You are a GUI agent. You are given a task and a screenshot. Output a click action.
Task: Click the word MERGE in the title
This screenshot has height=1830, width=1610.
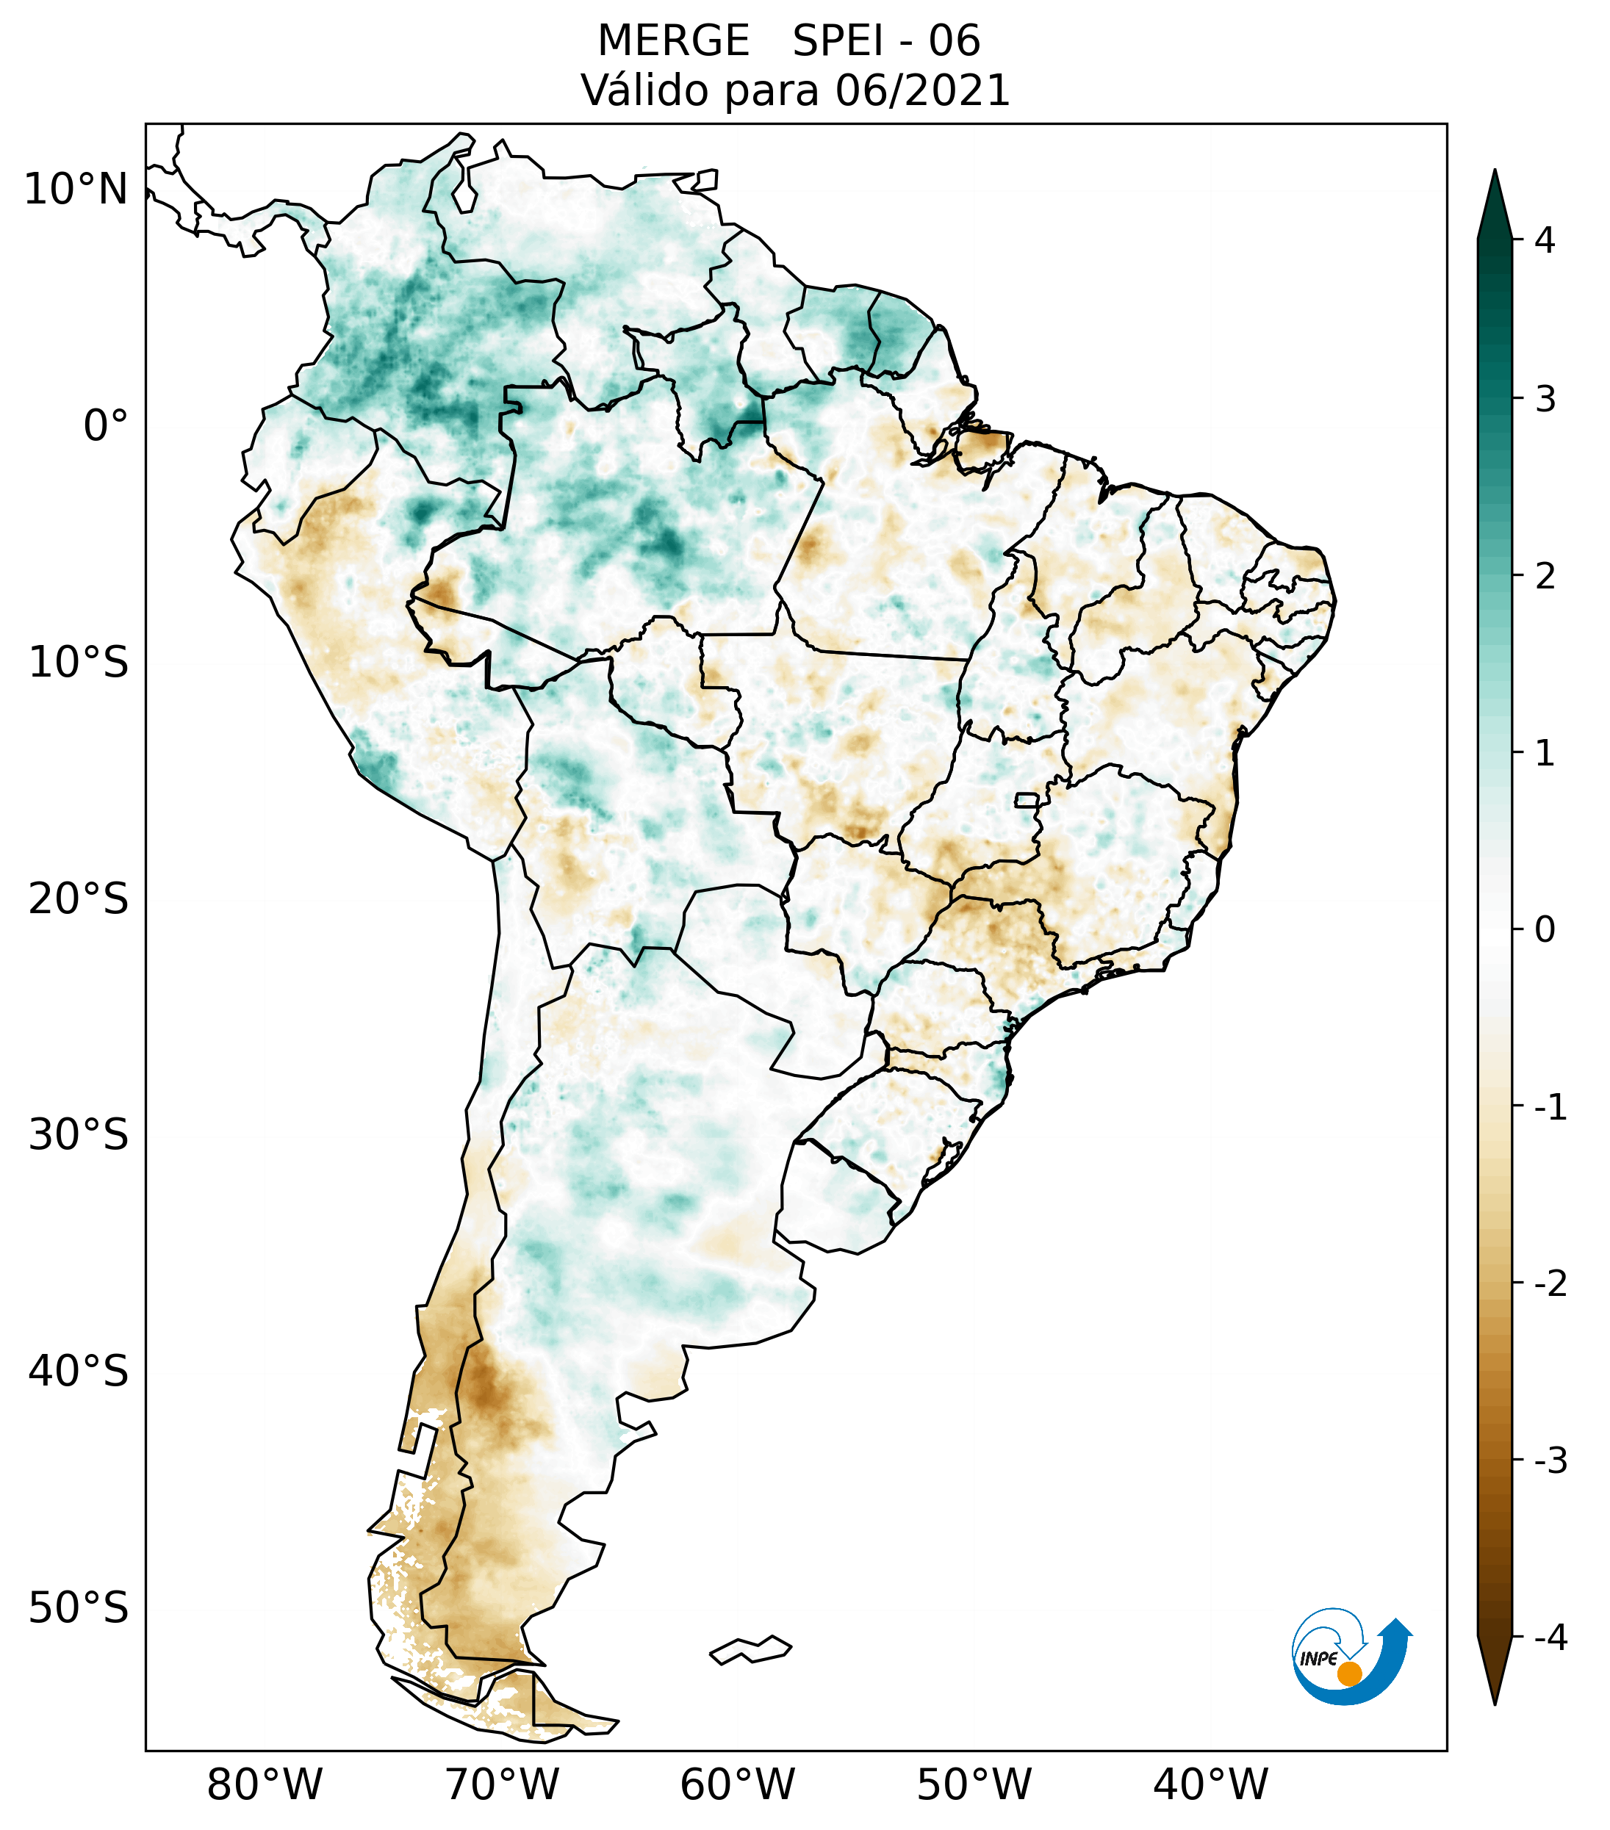click(672, 41)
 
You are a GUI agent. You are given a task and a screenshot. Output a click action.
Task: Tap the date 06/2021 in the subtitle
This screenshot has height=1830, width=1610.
click(922, 90)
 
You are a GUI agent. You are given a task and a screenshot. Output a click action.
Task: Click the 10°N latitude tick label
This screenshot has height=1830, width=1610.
click(76, 190)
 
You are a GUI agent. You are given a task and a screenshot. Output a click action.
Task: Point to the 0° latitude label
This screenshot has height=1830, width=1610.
click(106, 426)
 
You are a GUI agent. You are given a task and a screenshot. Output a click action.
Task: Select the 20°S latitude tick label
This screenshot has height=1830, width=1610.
click(79, 899)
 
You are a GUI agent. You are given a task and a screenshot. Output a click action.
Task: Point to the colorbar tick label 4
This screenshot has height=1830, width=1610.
click(1545, 240)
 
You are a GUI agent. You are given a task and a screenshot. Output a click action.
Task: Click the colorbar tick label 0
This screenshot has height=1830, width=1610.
click(1545, 930)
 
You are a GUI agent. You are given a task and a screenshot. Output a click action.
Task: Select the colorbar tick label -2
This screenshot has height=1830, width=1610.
click(1550, 1284)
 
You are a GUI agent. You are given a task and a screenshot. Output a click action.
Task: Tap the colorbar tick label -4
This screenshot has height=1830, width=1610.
click(1550, 1638)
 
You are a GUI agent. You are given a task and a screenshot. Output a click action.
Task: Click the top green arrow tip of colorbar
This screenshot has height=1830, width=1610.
click(1494, 179)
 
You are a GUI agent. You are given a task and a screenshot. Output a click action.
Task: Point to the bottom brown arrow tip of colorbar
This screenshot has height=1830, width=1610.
click(1494, 1698)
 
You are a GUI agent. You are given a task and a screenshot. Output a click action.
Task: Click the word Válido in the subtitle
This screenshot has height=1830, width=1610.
click(644, 90)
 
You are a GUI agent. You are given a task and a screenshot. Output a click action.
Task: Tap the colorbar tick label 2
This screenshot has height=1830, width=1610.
click(1545, 577)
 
